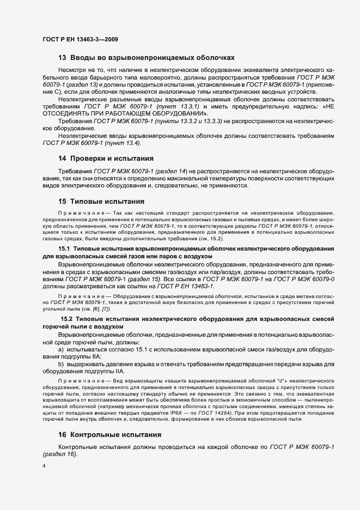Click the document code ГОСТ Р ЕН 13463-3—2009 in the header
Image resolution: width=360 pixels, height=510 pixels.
80,40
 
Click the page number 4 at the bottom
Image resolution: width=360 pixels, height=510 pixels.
44,467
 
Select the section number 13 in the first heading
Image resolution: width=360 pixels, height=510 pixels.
62,57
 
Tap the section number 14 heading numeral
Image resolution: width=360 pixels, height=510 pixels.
62,159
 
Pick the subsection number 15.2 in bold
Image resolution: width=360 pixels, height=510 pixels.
67,318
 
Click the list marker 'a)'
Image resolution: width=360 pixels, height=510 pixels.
61,348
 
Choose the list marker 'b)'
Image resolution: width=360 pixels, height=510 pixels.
61,362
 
